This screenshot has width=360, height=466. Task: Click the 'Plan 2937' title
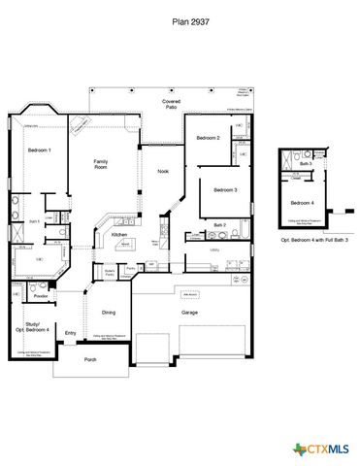[x=180, y=18]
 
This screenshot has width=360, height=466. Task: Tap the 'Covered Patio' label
[x=172, y=105]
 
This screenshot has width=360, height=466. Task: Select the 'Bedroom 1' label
[x=40, y=151]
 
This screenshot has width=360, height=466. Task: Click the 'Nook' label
[x=163, y=171]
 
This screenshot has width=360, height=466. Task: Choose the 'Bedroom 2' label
[x=209, y=139]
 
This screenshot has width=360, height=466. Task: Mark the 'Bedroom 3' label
[x=225, y=189]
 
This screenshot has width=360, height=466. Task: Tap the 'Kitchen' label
[x=119, y=235]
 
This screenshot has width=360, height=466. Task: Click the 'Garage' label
[x=189, y=313]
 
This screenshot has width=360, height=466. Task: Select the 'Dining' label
[x=109, y=312]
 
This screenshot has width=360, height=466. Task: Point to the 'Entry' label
[x=70, y=334]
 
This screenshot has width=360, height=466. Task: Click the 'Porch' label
[x=90, y=360]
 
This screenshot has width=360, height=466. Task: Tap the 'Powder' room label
[x=42, y=297]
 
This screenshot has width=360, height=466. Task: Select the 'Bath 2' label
[x=220, y=225]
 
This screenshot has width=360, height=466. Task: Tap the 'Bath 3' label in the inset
[x=306, y=164]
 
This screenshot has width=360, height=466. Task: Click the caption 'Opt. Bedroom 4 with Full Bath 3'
[x=314, y=239]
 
